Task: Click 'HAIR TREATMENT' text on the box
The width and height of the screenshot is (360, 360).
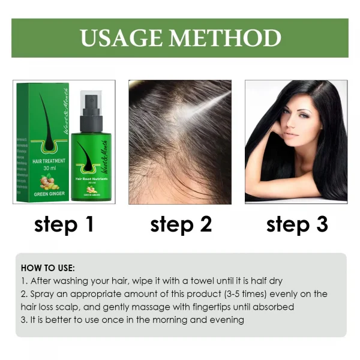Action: pos(41,161)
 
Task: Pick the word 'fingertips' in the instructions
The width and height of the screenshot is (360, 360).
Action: pos(205,307)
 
